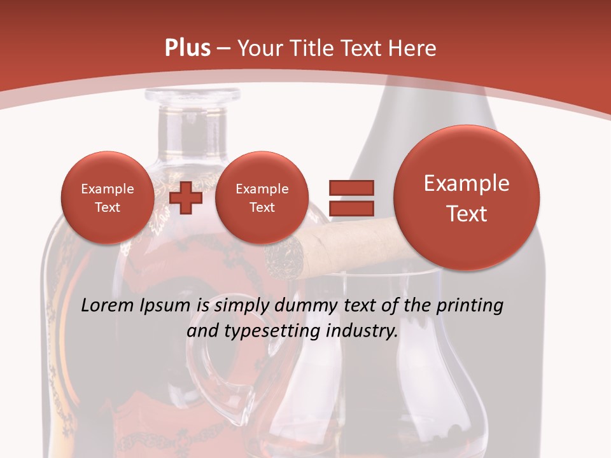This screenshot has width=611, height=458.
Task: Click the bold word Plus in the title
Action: pyautogui.click(x=187, y=48)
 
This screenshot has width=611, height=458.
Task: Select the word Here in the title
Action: pyautogui.click(x=414, y=48)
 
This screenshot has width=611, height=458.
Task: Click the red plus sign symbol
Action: pyautogui.click(x=186, y=197)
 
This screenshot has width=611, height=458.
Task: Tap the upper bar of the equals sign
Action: pyautogui.click(x=351, y=188)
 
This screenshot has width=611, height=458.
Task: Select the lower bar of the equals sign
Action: pyautogui.click(x=351, y=207)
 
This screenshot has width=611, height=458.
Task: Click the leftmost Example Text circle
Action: pyautogui.click(x=108, y=198)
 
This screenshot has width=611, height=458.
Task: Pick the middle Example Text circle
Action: pyautogui.click(x=262, y=198)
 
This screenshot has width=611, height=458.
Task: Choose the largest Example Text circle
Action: pyautogui.click(x=467, y=198)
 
